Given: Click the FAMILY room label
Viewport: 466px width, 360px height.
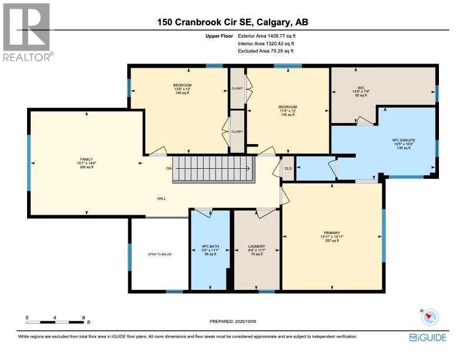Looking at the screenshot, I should pyautogui.click(x=87, y=159).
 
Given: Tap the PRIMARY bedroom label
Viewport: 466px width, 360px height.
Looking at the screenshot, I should pyautogui.click(x=332, y=232).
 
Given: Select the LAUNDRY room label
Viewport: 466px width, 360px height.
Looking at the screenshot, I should pyautogui.click(x=256, y=246).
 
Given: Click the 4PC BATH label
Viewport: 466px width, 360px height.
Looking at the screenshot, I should pyautogui.click(x=209, y=246).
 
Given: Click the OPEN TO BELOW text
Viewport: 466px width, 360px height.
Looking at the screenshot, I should pyautogui.click(x=159, y=254).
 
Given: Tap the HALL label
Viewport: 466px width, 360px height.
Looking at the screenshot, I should pyautogui.click(x=161, y=198).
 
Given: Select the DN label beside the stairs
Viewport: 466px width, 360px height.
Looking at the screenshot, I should pyautogui.click(x=169, y=169).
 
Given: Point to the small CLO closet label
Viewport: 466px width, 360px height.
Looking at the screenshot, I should pyautogui.click(x=288, y=168).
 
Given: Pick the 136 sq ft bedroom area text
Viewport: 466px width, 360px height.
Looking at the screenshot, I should pyautogui.click(x=287, y=115).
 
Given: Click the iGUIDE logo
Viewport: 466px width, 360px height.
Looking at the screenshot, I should pyautogui.click(x=427, y=338).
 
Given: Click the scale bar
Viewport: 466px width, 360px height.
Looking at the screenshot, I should pyautogui.click(x=55, y=322).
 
